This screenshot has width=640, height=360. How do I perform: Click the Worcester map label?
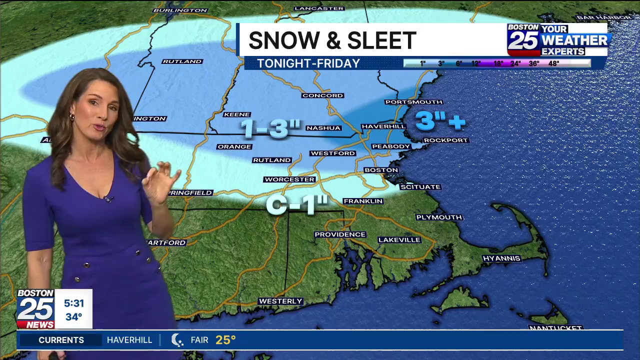tap(289, 179)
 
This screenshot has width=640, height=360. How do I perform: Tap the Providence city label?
tap(340, 234)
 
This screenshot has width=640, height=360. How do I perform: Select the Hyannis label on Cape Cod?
tap(501, 258)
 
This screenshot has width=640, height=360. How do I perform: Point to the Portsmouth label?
tap(406, 102)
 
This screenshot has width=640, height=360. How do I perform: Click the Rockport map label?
tap(445, 140)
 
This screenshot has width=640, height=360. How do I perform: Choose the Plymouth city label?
tap(439, 217)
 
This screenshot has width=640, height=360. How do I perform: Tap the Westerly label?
tap(280, 301)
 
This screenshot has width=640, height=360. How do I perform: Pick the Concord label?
tap(322, 95)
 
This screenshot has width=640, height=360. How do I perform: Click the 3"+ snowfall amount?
tap(440, 121)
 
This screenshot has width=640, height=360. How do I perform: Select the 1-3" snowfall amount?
tap(264, 128)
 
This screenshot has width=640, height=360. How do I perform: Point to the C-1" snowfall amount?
tap(297, 205)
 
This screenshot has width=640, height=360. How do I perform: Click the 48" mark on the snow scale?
tap(553, 63)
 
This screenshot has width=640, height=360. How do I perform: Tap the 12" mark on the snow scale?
tap(475, 63)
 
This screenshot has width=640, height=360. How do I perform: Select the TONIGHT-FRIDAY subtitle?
tap(308, 63)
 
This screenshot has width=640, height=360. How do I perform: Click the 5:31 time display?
tap(73, 303)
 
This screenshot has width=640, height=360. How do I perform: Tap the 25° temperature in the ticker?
tap(225, 340)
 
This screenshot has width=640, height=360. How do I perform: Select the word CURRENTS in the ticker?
tap(61, 340)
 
